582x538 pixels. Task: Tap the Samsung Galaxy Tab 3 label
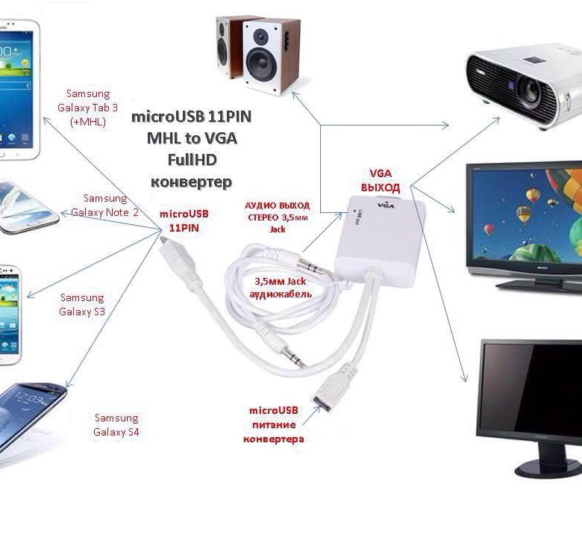[x=88, y=108]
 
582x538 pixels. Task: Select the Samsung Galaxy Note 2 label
[x=105, y=205]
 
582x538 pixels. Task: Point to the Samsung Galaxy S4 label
[x=116, y=424]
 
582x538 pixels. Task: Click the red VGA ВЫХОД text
[x=384, y=180]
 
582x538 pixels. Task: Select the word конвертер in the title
[x=191, y=182]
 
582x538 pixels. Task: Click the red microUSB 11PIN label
[x=184, y=220]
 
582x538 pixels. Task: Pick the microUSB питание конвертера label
[x=273, y=424]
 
